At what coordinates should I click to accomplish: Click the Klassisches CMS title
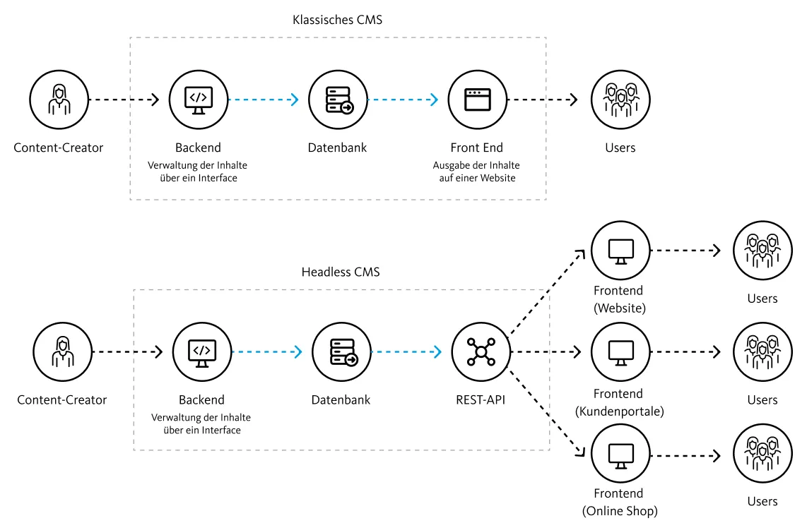pyautogui.click(x=337, y=20)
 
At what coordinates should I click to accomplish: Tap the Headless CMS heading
pyautogui.click(x=340, y=272)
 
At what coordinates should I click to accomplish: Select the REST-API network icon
pyautogui.click(x=481, y=351)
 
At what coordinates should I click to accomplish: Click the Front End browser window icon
pyautogui.click(x=477, y=100)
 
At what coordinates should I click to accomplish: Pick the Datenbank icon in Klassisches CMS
pyautogui.click(x=338, y=100)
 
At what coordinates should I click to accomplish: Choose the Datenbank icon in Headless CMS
pyautogui.click(x=342, y=351)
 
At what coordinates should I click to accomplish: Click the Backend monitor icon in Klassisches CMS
pyautogui.click(x=199, y=100)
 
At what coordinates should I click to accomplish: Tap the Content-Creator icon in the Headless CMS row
pyautogui.click(x=63, y=351)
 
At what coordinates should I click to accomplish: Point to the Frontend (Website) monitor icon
pyautogui.click(x=620, y=251)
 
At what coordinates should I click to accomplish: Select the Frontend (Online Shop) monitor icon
pyautogui.click(x=620, y=454)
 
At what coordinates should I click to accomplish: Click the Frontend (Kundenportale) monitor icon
pyautogui.click(x=620, y=351)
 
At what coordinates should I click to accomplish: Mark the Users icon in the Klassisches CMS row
pyautogui.click(x=620, y=100)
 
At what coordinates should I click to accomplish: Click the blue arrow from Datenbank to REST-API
pyautogui.click(x=406, y=351)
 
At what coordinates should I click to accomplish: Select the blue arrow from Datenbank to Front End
pyautogui.click(x=403, y=100)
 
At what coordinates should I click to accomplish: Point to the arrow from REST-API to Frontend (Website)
pyautogui.click(x=546, y=293)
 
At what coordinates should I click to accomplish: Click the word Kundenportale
pyautogui.click(x=620, y=411)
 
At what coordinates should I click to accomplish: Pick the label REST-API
pyautogui.click(x=481, y=399)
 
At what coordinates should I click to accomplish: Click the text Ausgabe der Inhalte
pyautogui.click(x=476, y=165)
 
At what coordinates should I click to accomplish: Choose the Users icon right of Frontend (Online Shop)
pyautogui.click(x=762, y=454)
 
